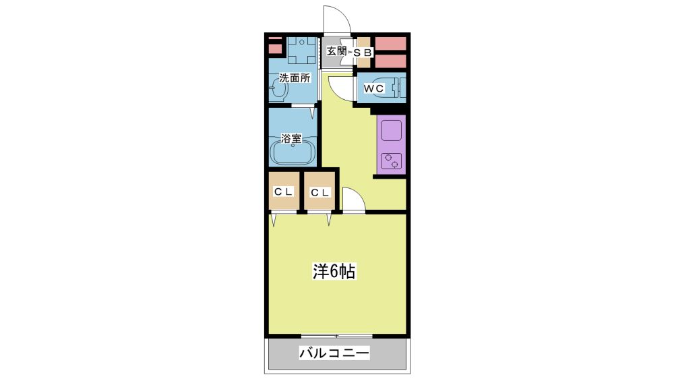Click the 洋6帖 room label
[334, 272]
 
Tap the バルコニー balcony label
[334, 353]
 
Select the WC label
[373, 88]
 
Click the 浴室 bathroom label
[291, 138]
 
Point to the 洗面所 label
[295, 78]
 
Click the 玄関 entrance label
[336, 51]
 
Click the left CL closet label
[283, 192]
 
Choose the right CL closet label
[319, 193]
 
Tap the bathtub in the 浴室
[293, 154]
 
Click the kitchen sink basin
[391, 131]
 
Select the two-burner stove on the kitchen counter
[391, 160]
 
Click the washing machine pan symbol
[302, 51]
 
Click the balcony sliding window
[336, 336]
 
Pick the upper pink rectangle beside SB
[390, 43]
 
